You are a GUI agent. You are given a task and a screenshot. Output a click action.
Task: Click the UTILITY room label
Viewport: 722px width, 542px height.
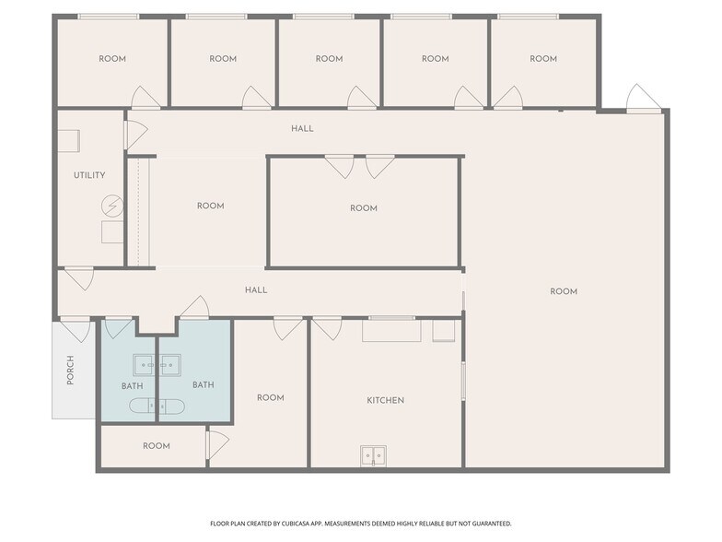tap(89, 175)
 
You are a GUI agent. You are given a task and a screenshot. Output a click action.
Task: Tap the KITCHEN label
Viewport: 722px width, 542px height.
tap(386, 400)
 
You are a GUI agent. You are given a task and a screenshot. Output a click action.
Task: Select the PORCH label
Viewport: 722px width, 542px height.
tap(70, 370)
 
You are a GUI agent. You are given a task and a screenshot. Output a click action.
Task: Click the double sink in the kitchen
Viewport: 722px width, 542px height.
tap(373, 455)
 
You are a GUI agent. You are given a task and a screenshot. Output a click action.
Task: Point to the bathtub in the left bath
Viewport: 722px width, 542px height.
tap(157, 406)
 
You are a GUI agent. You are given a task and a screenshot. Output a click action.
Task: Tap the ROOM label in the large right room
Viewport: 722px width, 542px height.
tap(564, 291)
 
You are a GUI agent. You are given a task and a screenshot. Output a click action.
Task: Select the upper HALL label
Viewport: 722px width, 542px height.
tap(302, 128)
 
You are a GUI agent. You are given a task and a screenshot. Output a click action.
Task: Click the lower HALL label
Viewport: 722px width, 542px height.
tap(256, 289)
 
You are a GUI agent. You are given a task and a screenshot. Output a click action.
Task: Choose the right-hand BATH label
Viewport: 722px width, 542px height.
tap(203, 384)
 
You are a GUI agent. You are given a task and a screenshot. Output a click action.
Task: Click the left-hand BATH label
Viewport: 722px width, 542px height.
tap(132, 385)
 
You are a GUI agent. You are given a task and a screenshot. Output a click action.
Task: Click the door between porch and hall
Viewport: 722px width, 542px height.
tap(75, 327)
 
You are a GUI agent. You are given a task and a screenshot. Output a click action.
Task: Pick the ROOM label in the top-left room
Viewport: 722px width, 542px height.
tap(112, 59)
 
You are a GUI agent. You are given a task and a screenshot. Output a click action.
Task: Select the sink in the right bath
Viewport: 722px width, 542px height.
tap(168, 365)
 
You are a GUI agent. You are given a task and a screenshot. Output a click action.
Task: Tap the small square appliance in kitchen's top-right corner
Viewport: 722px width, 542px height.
tap(443, 331)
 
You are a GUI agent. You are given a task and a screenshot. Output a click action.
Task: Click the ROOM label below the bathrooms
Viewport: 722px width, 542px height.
tap(157, 446)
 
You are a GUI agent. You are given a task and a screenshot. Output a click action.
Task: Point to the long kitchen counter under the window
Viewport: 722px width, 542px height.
tap(390, 331)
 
